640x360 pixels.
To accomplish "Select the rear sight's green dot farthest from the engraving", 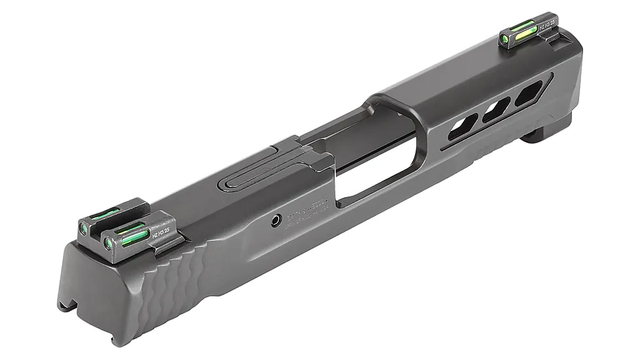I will tap(84, 227).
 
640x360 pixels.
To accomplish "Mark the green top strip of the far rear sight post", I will tap(105, 213).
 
